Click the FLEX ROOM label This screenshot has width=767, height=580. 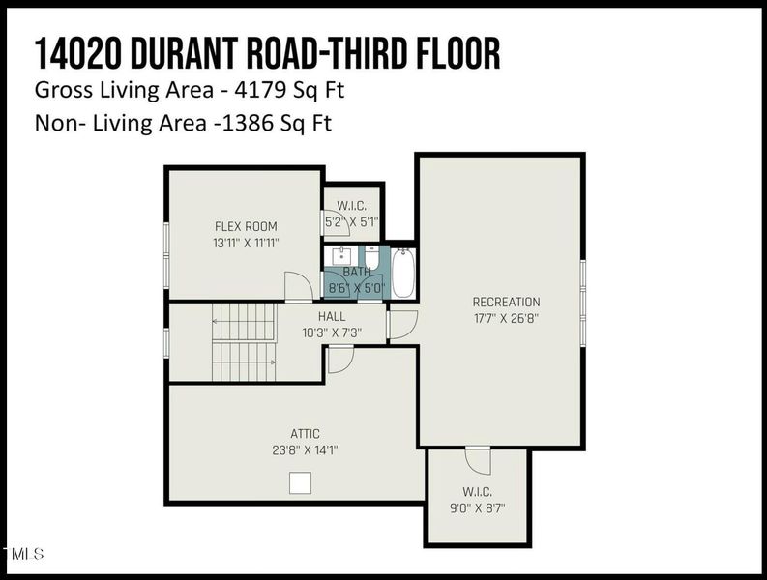click(x=246, y=226)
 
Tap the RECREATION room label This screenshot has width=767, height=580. click(x=506, y=302)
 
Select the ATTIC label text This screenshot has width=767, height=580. click(x=306, y=434)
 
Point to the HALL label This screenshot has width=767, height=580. click(x=332, y=316)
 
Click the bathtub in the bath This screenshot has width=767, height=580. click(x=403, y=273)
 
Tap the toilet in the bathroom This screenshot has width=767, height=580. click(x=371, y=257)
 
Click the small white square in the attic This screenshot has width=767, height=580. click(x=301, y=482)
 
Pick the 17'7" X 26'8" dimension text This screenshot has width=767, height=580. click(x=506, y=318)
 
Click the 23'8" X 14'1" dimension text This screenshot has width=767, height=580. click(x=306, y=449)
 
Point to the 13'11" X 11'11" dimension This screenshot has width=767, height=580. click(x=246, y=243)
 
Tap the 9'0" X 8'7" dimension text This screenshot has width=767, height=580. click(x=478, y=508)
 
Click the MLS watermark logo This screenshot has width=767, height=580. click(x=23, y=554)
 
